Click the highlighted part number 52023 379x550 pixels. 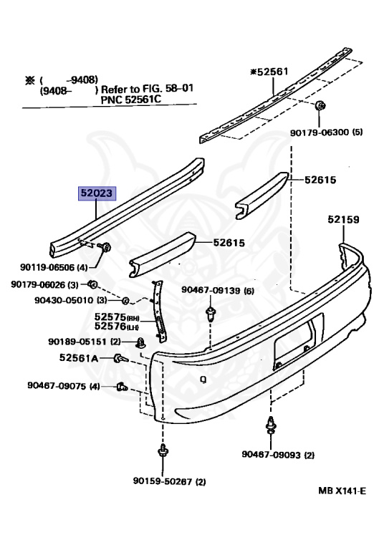pyautogui.click(x=97, y=193)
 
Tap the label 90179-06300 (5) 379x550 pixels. pyautogui.click(x=326, y=132)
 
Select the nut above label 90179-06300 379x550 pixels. pyautogui.click(x=320, y=105)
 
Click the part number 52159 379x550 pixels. pyautogui.click(x=344, y=220)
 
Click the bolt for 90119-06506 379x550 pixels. pyautogui.click(x=105, y=247)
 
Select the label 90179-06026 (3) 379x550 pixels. pyautogui.click(x=44, y=284)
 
